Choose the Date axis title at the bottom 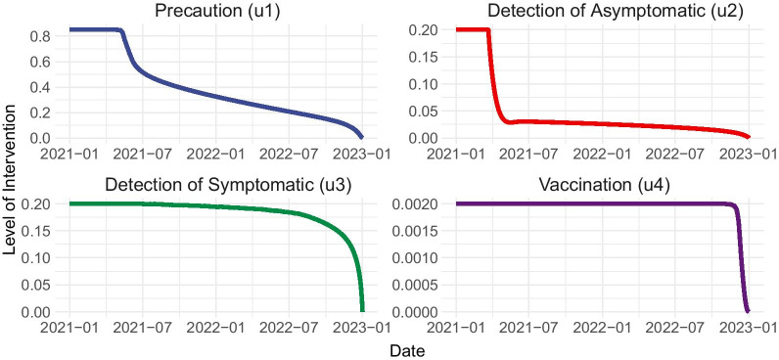[406, 349]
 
